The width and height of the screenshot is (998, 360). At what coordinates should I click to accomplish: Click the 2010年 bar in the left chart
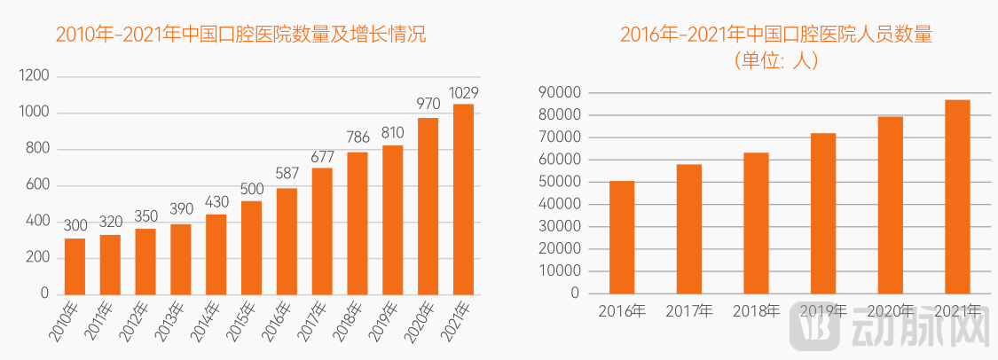75,266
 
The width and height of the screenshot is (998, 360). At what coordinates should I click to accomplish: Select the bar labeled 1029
463,199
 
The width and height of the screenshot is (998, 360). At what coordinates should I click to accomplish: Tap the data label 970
428,105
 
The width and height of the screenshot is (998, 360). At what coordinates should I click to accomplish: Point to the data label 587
287,174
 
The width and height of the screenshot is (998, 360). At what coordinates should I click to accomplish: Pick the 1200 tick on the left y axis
34,76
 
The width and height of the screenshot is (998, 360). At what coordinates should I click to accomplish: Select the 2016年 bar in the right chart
622,237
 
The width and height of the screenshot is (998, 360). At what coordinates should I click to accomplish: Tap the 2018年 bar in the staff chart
756,223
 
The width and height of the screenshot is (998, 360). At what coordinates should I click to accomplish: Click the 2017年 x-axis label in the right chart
688,310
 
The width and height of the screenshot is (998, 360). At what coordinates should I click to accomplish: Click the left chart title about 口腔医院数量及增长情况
240,35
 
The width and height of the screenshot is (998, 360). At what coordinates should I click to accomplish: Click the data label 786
358,138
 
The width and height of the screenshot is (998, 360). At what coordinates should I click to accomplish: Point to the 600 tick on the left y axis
38,184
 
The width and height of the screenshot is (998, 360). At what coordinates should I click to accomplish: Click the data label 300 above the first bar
75,225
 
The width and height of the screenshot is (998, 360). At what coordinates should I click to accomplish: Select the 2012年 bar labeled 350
145,261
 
